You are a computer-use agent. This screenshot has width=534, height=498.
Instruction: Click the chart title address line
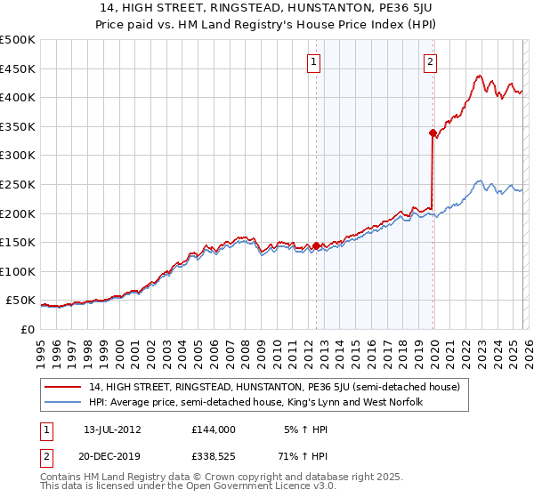click(x=266, y=9)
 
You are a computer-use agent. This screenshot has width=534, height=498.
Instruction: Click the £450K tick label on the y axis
click(x=18, y=68)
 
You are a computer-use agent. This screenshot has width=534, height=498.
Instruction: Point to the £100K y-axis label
click(x=18, y=271)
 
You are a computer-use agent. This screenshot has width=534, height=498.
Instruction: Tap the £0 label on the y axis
click(x=27, y=329)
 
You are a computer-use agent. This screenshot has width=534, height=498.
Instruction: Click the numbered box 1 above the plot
click(x=315, y=62)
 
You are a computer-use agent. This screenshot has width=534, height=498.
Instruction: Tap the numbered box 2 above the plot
click(x=431, y=62)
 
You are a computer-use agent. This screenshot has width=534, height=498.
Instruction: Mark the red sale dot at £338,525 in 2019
click(x=433, y=133)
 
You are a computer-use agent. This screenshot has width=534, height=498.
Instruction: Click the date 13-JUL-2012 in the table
click(x=113, y=430)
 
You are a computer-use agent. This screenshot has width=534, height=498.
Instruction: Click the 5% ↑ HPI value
click(x=308, y=430)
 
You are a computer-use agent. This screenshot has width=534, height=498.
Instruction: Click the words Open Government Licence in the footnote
click(x=240, y=488)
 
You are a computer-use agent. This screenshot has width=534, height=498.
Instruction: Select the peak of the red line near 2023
click(x=479, y=76)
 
